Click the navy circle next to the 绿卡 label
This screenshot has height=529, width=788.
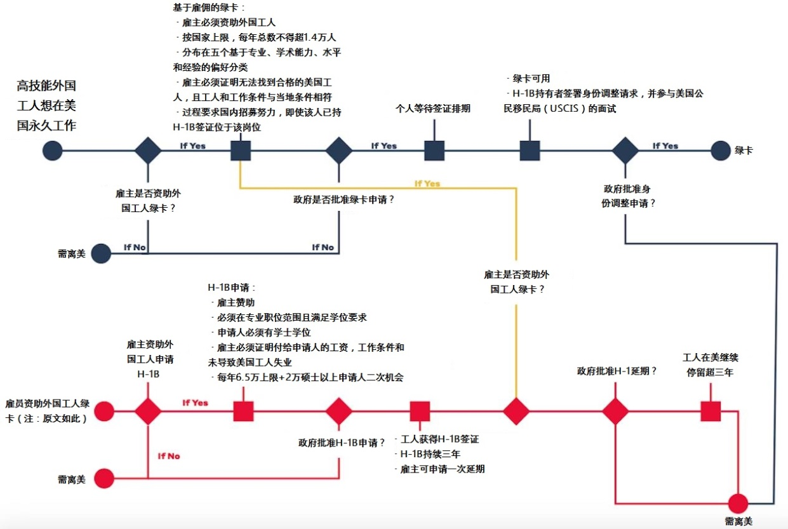(721, 151)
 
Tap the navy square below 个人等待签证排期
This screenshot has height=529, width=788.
(434, 151)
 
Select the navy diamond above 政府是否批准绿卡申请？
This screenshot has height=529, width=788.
(339, 151)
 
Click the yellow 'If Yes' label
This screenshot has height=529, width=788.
(427, 184)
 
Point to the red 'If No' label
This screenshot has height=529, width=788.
(169, 456)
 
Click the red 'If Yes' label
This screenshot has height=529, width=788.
(195, 403)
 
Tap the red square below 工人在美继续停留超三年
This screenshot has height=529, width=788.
(711, 411)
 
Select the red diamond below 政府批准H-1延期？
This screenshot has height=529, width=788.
(615, 411)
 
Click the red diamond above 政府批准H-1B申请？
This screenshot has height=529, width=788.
(339, 411)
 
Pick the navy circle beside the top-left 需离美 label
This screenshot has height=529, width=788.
(101, 254)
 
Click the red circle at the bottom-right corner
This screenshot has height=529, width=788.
(738, 504)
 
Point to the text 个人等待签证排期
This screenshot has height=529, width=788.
(433, 108)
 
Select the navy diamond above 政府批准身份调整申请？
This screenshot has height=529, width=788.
(625, 151)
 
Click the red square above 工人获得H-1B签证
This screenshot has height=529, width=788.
(420, 411)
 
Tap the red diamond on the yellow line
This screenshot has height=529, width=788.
(516, 411)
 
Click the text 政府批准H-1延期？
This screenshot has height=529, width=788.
(617, 371)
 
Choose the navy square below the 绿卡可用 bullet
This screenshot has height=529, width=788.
(530, 151)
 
